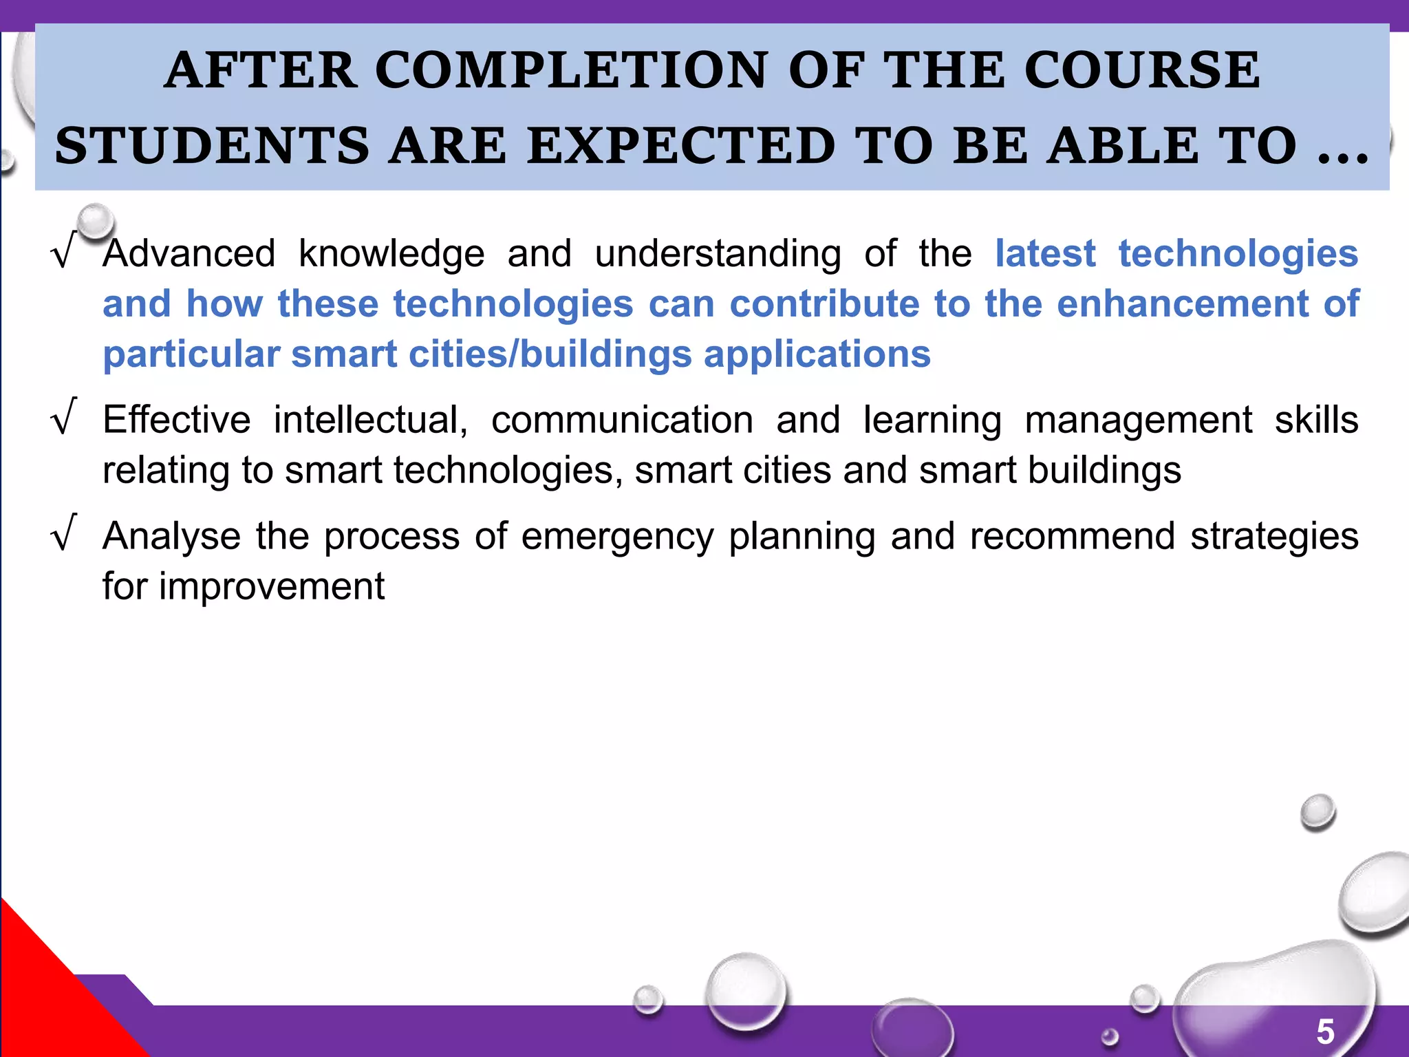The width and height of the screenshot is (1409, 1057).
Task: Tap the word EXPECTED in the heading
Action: pyautogui.click(x=681, y=146)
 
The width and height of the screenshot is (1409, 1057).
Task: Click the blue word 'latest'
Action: pyautogui.click(x=1045, y=253)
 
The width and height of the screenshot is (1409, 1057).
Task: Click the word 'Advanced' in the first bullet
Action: pyautogui.click(x=189, y=253)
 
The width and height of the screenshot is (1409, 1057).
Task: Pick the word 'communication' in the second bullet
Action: pyautogui.click(x=622, y=420)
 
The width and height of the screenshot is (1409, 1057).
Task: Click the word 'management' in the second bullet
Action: pyautogui.click(x=1138, y=420)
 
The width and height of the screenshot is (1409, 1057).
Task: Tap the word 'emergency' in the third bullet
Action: pyautogui.click(x=617, y=536)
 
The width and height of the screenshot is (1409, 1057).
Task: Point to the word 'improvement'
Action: pyautogui.click(x=272, y=586)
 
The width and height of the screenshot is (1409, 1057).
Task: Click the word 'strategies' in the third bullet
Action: pyautogui.click(x=1274, y=536)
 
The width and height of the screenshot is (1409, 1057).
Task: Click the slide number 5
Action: pyautogui.click(x=1325, y=1032)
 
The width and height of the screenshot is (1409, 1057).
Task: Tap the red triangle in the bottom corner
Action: pyautogui.click(x=48, y=998)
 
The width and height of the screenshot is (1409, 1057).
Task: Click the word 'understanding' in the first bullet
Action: pyautogui.click(x=718, y=253)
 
